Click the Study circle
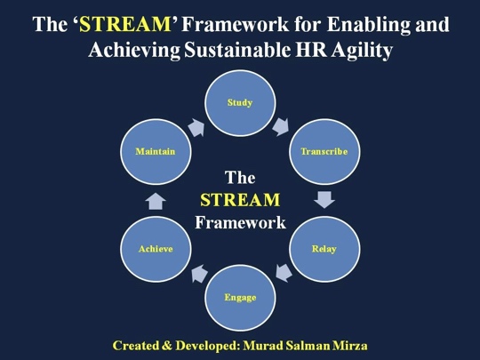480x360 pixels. tap(240, 103)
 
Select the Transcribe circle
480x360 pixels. tap(324, 151)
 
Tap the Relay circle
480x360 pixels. tap(324, 249)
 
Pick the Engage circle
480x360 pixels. tap(240, 298)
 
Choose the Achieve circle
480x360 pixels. tap(156, 249)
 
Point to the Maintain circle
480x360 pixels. tap(156, 151)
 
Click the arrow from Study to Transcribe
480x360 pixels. tap(280, 127)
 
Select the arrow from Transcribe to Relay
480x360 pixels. tap(324, 200)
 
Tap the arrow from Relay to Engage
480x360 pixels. tap(284, 273)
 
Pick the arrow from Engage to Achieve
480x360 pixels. tap(199, 274)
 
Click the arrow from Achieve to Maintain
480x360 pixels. tap(156, 201)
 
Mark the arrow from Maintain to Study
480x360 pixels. tap(196, 128)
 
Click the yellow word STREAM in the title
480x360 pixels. tap(125, 25)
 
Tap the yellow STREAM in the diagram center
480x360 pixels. tap(240, 200)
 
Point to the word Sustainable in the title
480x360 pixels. tap(237, 50)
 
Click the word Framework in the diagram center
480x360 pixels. tap(240, 222)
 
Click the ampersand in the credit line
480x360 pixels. tap(167, 346)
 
